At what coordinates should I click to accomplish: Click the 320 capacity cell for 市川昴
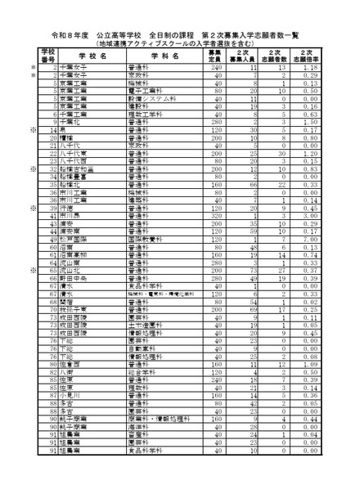pos(214,215)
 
